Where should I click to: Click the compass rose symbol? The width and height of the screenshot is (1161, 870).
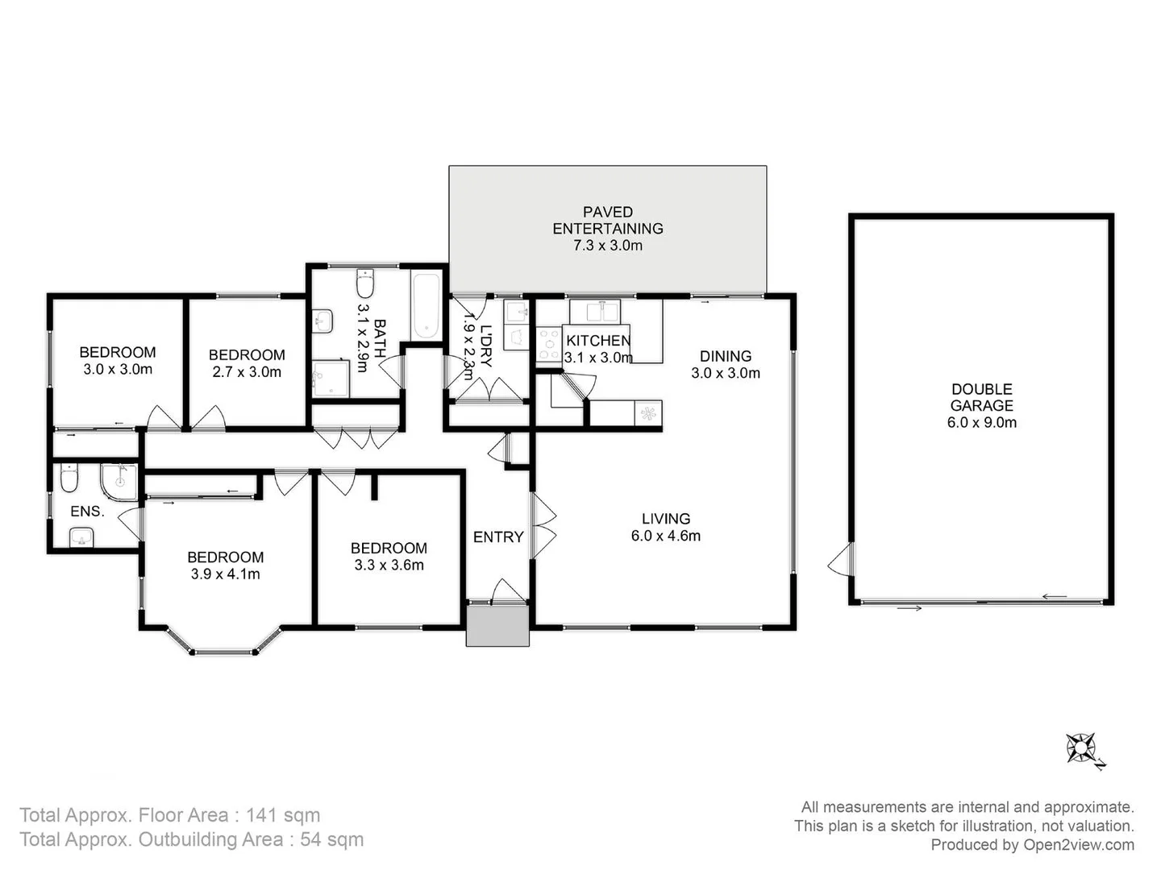(x=1081, y=748)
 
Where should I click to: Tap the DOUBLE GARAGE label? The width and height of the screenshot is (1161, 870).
(x=981, y=397)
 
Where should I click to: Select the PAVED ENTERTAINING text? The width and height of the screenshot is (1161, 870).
(x=607, y=220)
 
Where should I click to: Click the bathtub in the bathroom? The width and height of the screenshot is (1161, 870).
(x=426, y=307)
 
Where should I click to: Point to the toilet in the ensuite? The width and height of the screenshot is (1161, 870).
(x=69, y=478)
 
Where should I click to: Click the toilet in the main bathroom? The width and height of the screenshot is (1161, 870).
(x=365, y=284)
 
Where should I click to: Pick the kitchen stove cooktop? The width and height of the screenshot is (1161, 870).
(x=549, y=344)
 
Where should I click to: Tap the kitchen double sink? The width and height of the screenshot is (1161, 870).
(x=595, y=311)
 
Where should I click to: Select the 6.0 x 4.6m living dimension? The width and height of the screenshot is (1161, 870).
(x=665, y=536)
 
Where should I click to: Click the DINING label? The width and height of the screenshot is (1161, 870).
(x=725, y=355)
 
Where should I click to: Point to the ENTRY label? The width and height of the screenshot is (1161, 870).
(x=498, y=536)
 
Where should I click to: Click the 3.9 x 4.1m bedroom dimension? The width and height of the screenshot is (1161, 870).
(x=225, y=574)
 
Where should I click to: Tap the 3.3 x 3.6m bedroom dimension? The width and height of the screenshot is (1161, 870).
(x=389, y=565)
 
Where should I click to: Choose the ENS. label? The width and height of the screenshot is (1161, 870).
(x=87, y=512)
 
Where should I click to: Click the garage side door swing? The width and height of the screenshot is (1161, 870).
(x=840, y=558)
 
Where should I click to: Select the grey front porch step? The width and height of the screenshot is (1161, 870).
(x=497, y=626)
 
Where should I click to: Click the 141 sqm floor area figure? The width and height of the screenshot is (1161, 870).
(x=282, y=815)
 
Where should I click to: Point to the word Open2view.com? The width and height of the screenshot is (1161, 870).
(x=1078, y=844)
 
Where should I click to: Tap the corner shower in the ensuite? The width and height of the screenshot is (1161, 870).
(x=119, y=482)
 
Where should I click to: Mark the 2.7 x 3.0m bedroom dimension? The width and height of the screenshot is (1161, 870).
(x=247, y=371)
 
